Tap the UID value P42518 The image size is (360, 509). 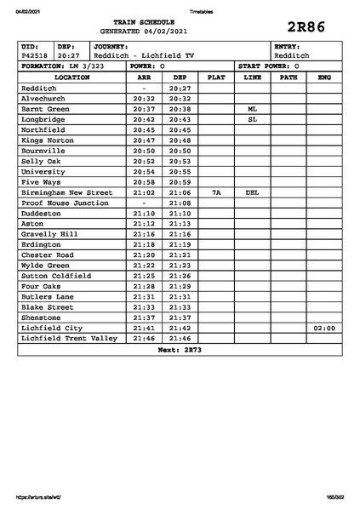point(35,55)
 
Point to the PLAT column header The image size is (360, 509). point(216,77)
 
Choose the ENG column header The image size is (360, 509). point(323,77)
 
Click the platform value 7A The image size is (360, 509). point(216,192)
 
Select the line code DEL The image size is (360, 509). point(252,192)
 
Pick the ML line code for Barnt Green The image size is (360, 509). point(252,109)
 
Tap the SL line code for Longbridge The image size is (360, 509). point(252,120)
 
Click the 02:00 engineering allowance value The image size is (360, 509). point(323,327)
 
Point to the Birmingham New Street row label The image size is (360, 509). point(66,192)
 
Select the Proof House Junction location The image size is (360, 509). point(65,203)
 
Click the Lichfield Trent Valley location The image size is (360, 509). point(69,338)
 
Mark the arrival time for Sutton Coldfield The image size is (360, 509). point(144,276)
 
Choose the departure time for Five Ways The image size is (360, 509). point(179,182)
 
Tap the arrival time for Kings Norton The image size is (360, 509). point(144,140)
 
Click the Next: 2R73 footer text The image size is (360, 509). point(180,349)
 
